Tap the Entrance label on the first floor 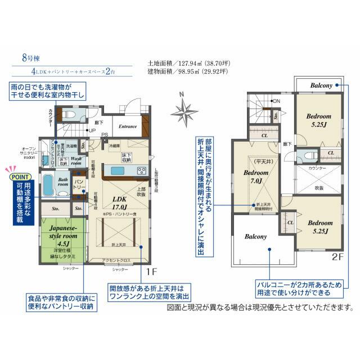click(x=128, y=127)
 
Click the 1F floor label click(x=151, y=272)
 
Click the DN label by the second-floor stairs click(x=276, y=101)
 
